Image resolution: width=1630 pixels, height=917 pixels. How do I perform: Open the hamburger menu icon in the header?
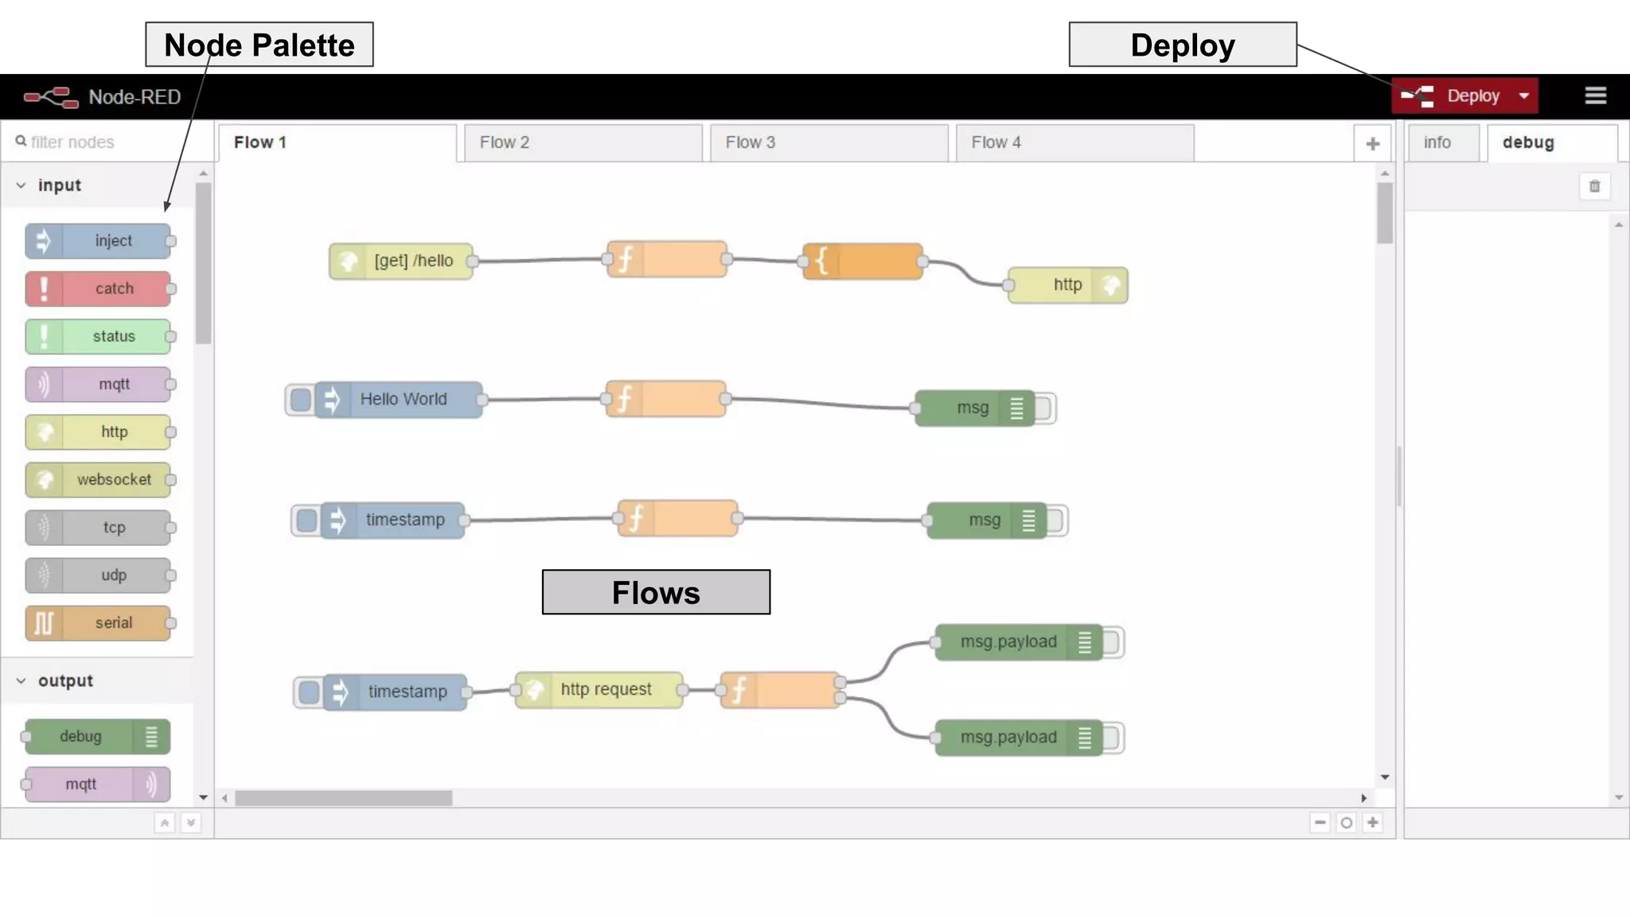1595,96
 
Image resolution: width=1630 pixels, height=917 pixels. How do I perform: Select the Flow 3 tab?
828,142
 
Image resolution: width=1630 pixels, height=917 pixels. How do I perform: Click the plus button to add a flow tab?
1372,144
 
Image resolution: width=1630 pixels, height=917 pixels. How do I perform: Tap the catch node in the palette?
99,289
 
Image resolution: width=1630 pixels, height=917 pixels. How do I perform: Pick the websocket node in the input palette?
99,480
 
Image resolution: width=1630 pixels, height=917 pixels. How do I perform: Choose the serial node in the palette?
99,623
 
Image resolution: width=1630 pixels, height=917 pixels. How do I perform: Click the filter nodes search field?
103,142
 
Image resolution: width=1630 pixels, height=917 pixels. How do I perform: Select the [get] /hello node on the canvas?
402,261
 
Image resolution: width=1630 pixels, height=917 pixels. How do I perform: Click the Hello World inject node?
402,400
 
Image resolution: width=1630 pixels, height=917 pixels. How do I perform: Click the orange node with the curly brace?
863,261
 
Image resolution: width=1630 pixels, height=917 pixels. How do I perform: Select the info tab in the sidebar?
1437,142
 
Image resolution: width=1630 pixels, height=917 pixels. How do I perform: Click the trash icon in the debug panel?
1594,186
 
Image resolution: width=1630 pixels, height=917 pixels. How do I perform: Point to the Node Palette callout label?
259,45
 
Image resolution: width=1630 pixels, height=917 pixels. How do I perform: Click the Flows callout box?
656,592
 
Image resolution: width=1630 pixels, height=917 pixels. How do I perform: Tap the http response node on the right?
1067,285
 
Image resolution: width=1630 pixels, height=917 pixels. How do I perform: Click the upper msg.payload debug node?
1020,642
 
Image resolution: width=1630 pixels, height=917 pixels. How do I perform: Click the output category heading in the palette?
65,681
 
